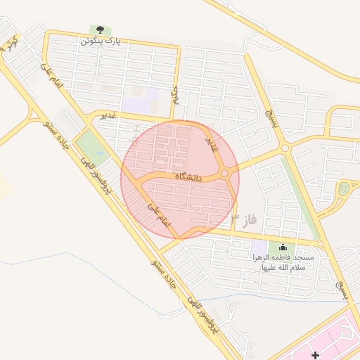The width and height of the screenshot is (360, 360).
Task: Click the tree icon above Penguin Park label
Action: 100,30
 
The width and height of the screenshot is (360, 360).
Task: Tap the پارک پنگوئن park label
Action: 100,41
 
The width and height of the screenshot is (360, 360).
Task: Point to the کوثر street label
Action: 10,44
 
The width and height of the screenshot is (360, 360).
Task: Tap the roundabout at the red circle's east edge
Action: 224,173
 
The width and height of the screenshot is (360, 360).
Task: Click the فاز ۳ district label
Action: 244,220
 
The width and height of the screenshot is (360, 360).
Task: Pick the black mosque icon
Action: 283,247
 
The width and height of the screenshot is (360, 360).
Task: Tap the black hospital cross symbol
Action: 315,356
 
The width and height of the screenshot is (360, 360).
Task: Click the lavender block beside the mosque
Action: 259,247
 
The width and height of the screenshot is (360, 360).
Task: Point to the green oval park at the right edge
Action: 343,188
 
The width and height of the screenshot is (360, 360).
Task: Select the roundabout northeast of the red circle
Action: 285,148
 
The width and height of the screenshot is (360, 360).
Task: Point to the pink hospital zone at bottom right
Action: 337,341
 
